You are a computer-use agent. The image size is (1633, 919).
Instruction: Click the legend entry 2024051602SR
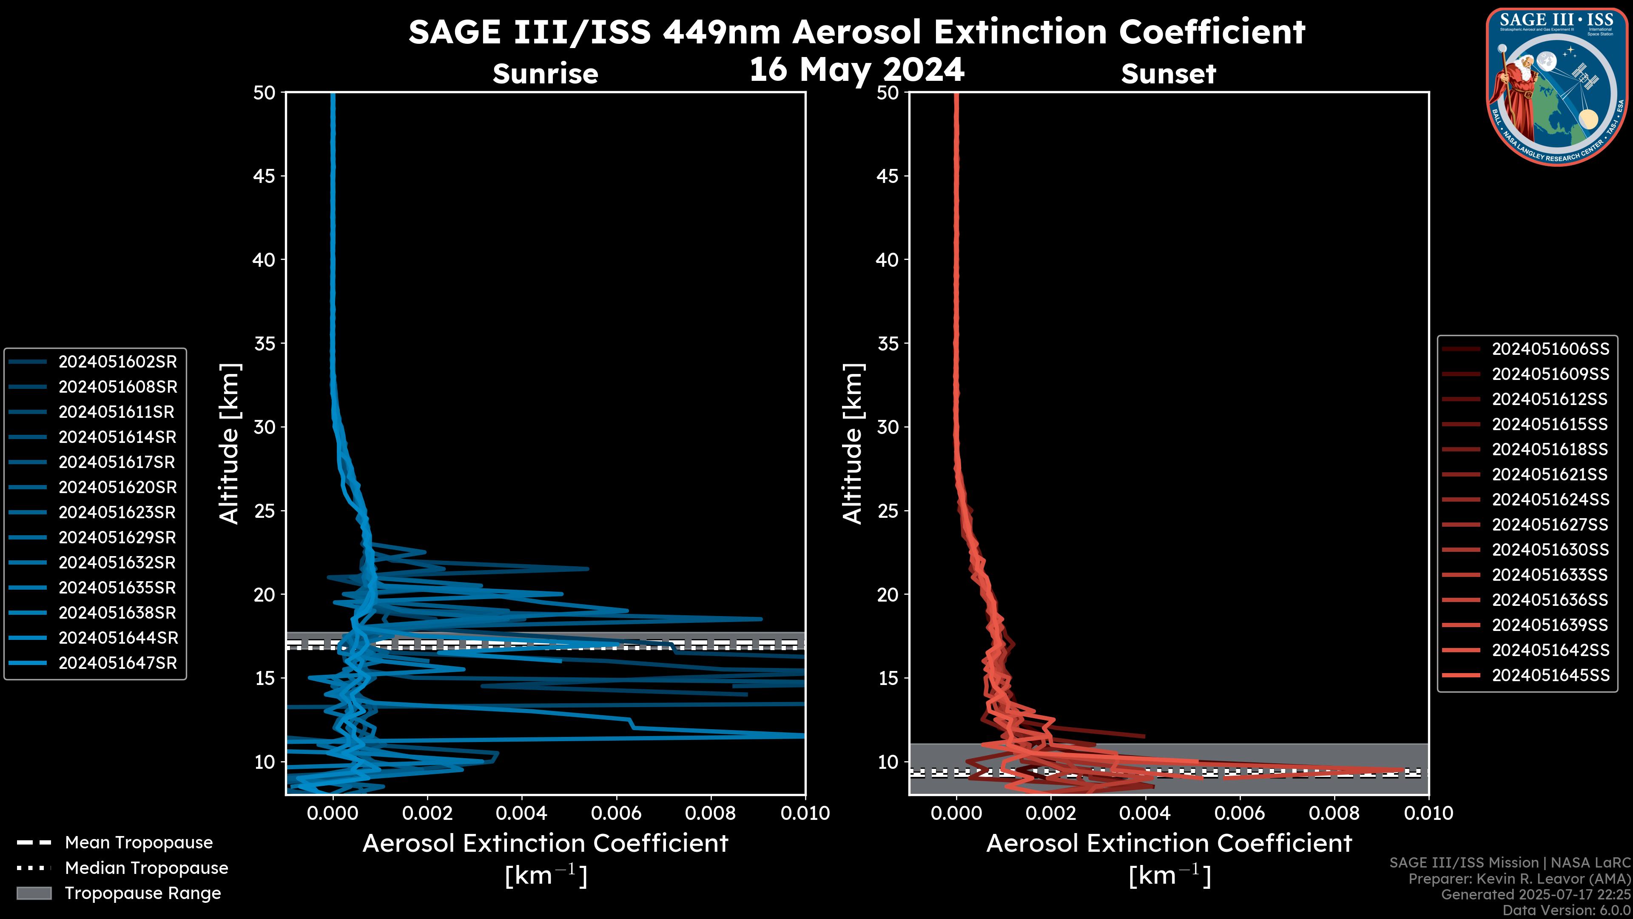[117, 362]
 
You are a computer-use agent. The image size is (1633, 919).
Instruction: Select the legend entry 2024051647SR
[117, 663]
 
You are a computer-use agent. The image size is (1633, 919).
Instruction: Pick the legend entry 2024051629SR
[117, 538]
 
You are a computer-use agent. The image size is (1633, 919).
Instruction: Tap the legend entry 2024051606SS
[1550, 349]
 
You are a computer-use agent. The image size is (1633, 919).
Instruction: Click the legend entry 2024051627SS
[1550, 525]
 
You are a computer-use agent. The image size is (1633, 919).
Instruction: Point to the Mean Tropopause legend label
[139, 843]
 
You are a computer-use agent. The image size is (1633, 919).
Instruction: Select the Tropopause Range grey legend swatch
[34, 893]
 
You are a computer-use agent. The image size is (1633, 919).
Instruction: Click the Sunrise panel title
[545, 74]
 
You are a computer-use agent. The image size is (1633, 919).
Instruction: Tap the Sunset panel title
[1168, 74]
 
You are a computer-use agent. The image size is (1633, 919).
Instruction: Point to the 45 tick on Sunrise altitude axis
[265, 176]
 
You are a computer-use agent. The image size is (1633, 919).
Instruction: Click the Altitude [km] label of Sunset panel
[853, 444]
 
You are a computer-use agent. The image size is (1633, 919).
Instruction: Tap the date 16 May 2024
[856, 70]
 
